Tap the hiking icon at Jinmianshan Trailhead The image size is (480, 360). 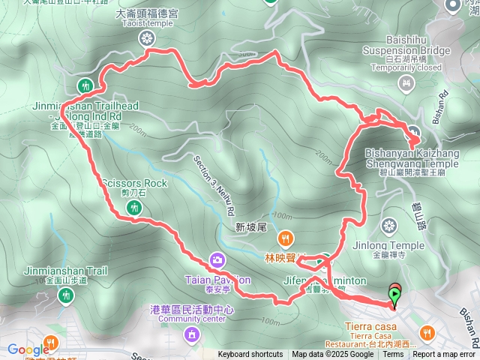click(85, 84)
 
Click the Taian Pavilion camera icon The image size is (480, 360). click(217, 260)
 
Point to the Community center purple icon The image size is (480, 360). click(192, 333)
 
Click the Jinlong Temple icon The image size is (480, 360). click(388, 226)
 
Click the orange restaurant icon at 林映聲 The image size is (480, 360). click(285, 240)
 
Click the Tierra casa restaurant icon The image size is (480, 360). click(426, 331)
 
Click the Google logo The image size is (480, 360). click(28, 349)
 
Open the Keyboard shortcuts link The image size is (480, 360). click(250, 355)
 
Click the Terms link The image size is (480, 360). click(393, 355)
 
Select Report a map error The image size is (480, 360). click(443, 355)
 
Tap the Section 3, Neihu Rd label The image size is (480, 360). click(214, 184)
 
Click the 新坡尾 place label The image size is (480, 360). click(250, 227)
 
